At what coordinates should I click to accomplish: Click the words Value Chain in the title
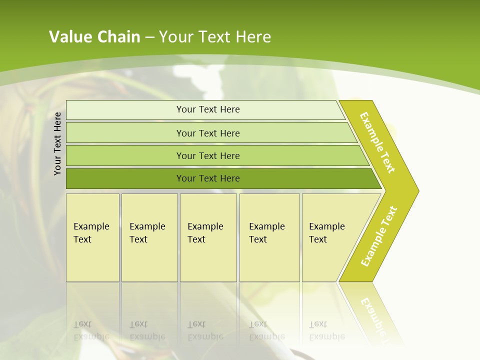[94, 37]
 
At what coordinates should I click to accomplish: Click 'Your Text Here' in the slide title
[215, 37]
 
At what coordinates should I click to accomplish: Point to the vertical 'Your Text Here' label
[57, 143]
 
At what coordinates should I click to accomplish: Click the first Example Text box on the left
[92, 238]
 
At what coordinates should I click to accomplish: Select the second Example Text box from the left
[149, 238]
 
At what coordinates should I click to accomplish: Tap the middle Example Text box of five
[208, 238]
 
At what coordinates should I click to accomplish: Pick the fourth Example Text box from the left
[269, 238]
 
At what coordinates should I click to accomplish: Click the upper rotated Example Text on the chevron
[377, 142]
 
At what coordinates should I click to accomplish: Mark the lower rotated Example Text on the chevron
[379, 236]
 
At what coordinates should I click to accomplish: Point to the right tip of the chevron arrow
[417, 190]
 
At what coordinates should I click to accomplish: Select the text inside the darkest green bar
[208, 178]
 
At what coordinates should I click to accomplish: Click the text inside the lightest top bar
[208, 109]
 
